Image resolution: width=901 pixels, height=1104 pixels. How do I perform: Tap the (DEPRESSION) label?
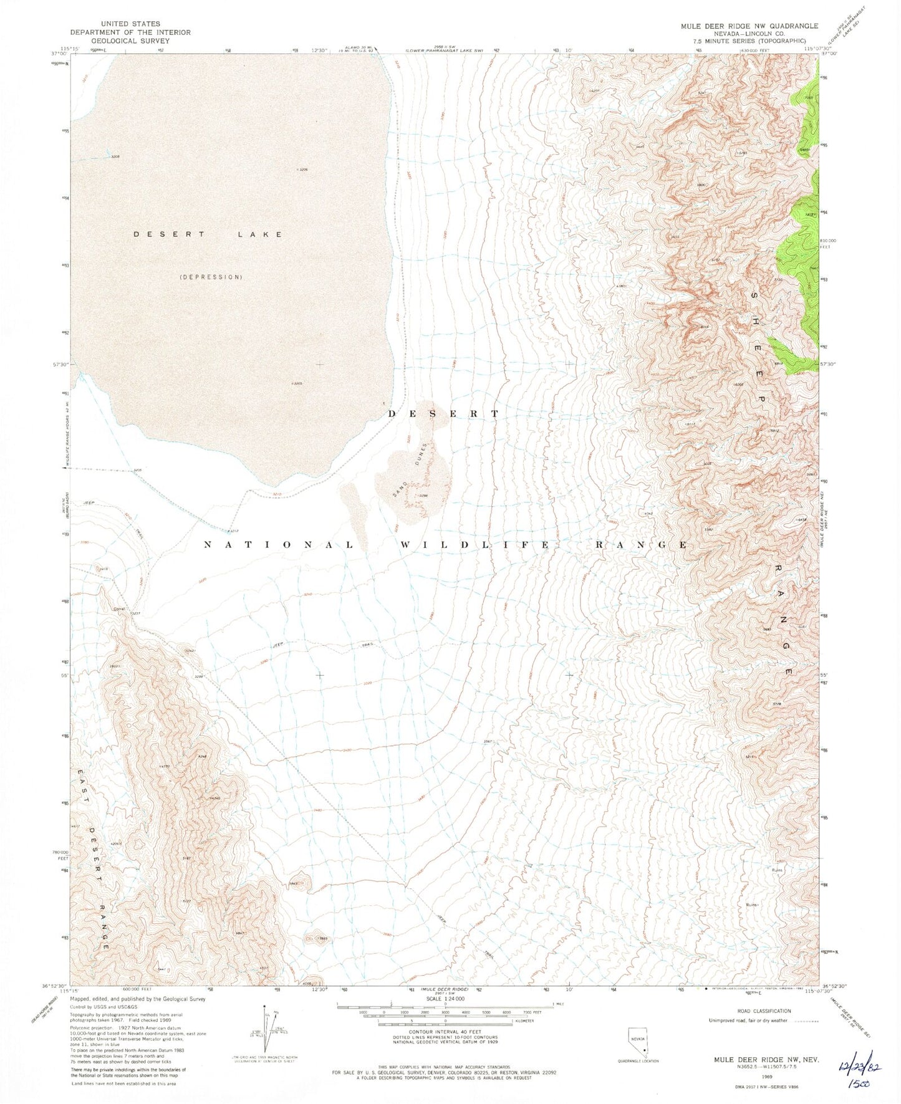click(x=211, y=277)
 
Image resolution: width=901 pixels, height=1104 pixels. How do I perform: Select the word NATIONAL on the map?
click(x=279, y=545)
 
